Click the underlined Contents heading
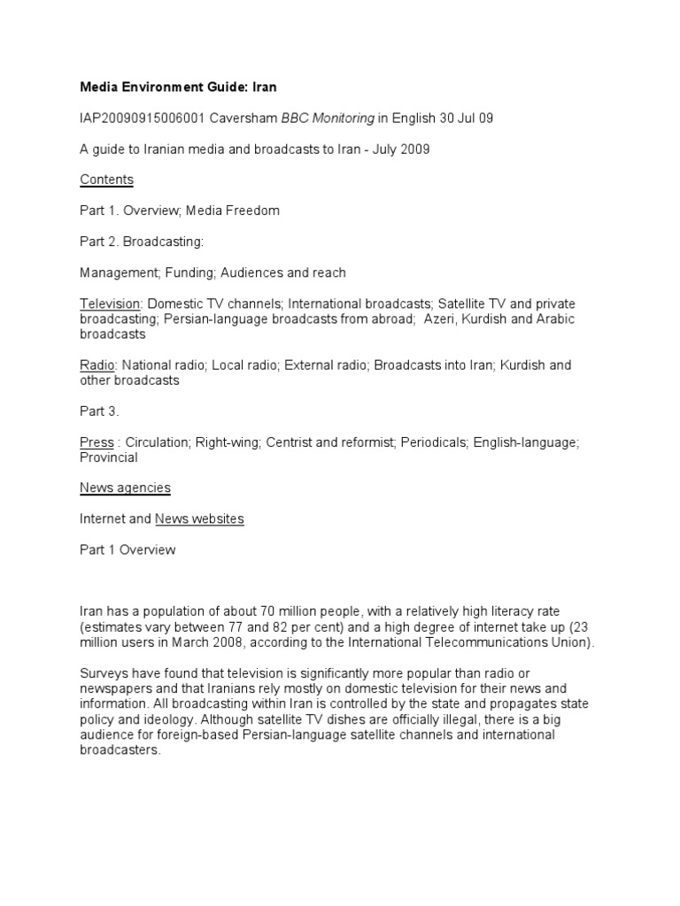pos(106,180)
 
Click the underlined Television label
pos(112,303)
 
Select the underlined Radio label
pos(97,365)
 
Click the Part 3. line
pos(99,411)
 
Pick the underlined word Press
pos(97,442)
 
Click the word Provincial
pos(109,458)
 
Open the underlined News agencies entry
pos(125,488)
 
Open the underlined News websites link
pos(199,519)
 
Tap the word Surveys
pos(104,673)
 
